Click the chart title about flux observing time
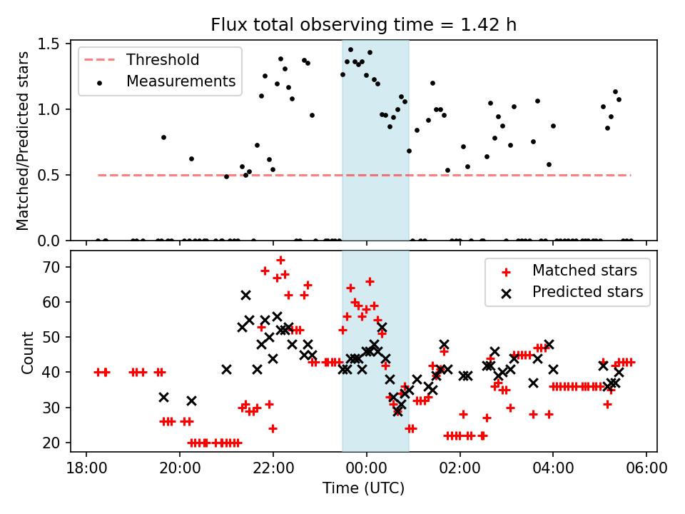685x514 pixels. click(363, 25)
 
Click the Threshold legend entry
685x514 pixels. click(163, 59)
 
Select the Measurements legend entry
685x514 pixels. click(181, 81)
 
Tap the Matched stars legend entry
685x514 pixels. click(584, 270)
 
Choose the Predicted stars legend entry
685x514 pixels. click(587, 292)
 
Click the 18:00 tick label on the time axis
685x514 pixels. click(86, 469)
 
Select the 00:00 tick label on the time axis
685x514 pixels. click(367, 469)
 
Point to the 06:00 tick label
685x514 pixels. click(646, 469)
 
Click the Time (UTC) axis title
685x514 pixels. click(363, 489)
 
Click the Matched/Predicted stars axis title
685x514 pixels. click(23, 141)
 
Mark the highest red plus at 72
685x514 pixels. click(280, 260)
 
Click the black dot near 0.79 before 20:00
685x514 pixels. click(163, 137)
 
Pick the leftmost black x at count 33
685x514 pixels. click(163, 397)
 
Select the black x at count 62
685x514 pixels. click(245, 295)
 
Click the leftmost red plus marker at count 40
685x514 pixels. click(98, 372)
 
